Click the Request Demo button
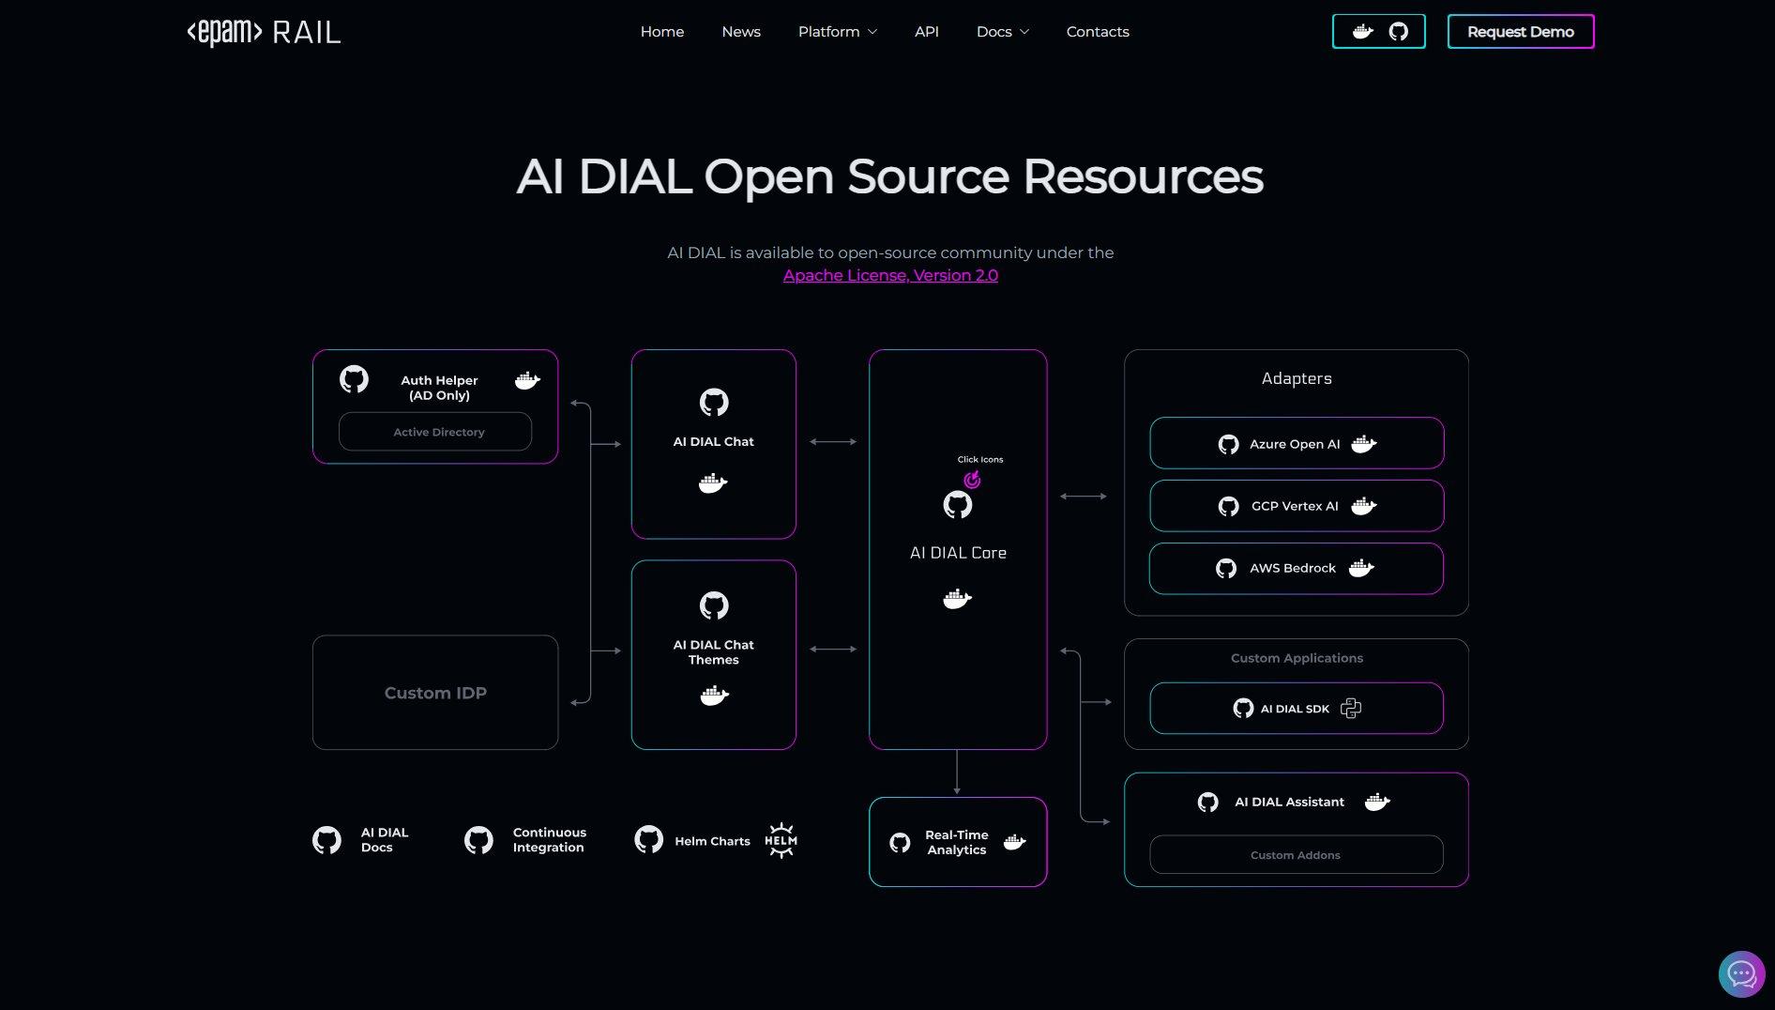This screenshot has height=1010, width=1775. pos(1520,32)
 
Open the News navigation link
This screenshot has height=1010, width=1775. pos(741,32)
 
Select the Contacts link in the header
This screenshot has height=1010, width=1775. pos(1098,32)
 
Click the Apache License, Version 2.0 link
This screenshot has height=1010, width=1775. pos(890,275)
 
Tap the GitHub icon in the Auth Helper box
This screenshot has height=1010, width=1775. pos(354,379)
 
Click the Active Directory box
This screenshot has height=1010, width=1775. pos(435,432)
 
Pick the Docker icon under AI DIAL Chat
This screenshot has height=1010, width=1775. pos(713,483)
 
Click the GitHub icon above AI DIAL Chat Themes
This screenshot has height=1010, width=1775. pos(714,605)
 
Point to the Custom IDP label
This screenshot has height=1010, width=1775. pos(435,693)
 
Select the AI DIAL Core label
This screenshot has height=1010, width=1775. pos(958,553)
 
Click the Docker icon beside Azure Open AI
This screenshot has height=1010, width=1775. pos(1364,444)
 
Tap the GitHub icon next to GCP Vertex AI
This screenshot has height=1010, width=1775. pos(1228,507)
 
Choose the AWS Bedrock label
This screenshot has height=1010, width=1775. pos(1293,568)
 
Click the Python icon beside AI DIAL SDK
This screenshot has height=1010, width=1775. pos(1351,709)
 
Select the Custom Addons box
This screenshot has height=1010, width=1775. pos(1296,855)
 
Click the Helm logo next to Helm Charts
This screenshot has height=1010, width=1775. pos(781,840)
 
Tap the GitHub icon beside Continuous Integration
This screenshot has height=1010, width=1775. pos(478,840)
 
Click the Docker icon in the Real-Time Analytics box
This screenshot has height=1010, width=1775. pos(1014,842)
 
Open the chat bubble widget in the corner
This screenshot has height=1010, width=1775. pos(1741,974)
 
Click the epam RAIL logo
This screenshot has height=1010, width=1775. pos(264,32)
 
